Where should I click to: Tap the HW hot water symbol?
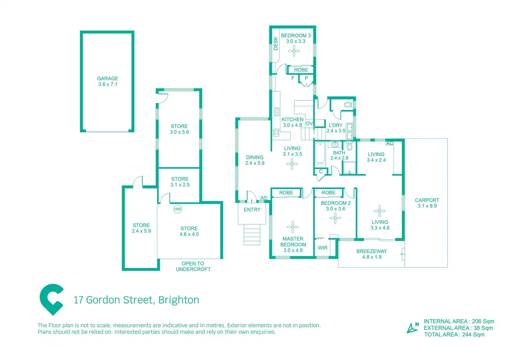click(x=177, y=209)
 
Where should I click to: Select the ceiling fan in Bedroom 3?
click(x=294, y=51)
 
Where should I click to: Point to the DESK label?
click(x=276, y=44)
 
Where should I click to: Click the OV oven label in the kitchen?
click(x=309, y=124)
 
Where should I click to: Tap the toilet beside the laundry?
click(x=348, y=105)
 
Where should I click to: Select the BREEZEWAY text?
click(x=371, y=251)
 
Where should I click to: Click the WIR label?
click(x=323, y=248)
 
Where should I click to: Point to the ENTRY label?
click(x=252, y=210)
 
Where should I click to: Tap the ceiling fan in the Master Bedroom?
click(x=293, y=227)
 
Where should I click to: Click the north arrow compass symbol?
click(x=412, y=327)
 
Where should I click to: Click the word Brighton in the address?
click(x=179, y=300)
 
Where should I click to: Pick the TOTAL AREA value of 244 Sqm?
click(x=473, y=335)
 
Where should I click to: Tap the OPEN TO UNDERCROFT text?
click(x=193, y=266)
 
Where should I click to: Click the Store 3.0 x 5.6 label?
click(x=179, y=129)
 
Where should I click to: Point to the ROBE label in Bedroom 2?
click(x=328, y=193)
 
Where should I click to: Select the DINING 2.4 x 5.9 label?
click(x=255, y=160)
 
